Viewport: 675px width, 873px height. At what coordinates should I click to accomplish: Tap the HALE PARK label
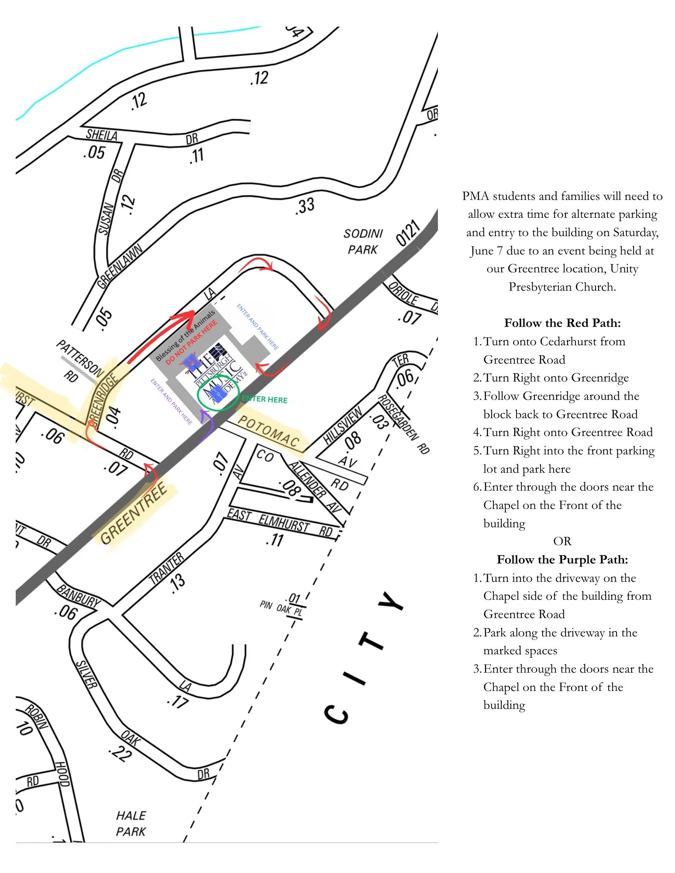pyautogui.click(x=131, y=823)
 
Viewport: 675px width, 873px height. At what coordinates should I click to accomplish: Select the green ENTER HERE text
pyautogui.click(x=265, y=399)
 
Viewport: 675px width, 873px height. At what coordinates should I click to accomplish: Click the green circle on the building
pyautogui.click(x=218, y=393)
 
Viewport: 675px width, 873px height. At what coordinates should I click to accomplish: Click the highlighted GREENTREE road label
pyautogui.click(x=134, y=513)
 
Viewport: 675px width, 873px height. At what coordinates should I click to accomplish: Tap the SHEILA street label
pyautogui.click(x=102, y=134)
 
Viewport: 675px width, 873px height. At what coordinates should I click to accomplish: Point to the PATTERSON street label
pyautogui.click(x=80, y=359)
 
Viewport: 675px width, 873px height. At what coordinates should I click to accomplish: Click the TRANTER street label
pyautogui.click(x=166, y=568)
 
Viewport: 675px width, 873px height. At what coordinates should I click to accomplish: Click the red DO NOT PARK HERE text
pyautogui.click(x=191, y=343)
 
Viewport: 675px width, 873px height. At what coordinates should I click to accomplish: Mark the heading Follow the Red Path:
pyautogui.click(x=562, y=323)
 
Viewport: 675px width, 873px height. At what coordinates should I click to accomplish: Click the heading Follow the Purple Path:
pyautogui.click(x=562, y=560)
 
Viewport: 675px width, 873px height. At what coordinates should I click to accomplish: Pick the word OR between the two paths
pyautogui.click(x=562, y=541)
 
